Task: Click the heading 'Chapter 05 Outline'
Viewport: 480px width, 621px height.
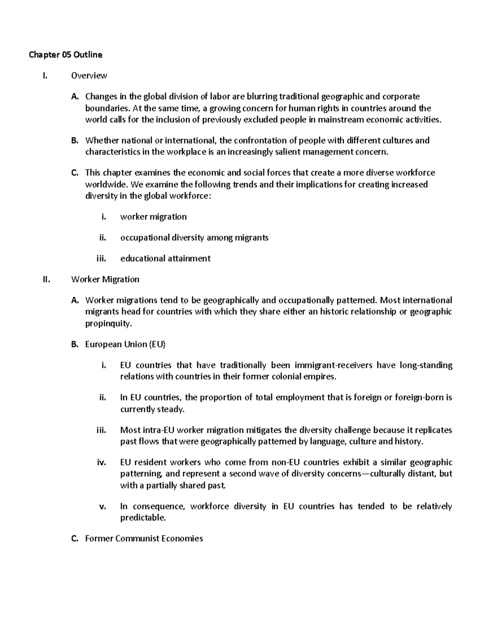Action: coord(65,55)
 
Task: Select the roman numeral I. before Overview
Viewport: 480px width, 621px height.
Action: coord(44,76)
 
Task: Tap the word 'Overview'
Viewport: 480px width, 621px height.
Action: coord(89,76)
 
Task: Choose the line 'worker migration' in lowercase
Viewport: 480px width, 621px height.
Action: coord(153,217)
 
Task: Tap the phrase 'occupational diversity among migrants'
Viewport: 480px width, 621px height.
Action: coord(194,238)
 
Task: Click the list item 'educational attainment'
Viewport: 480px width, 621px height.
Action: coord(165,258)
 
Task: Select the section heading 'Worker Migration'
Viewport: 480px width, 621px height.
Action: coord(105,279)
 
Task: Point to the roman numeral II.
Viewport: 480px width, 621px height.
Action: coord(46,279)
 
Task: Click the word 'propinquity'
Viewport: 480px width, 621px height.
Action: coord(108,323)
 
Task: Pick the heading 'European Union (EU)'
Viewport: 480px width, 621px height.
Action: coord(125,344)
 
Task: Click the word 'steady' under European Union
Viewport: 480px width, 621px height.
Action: coord(170,409)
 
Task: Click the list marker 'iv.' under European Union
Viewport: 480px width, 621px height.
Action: coord(102,463)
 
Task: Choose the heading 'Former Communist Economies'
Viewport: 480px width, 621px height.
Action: coord(144,539)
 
